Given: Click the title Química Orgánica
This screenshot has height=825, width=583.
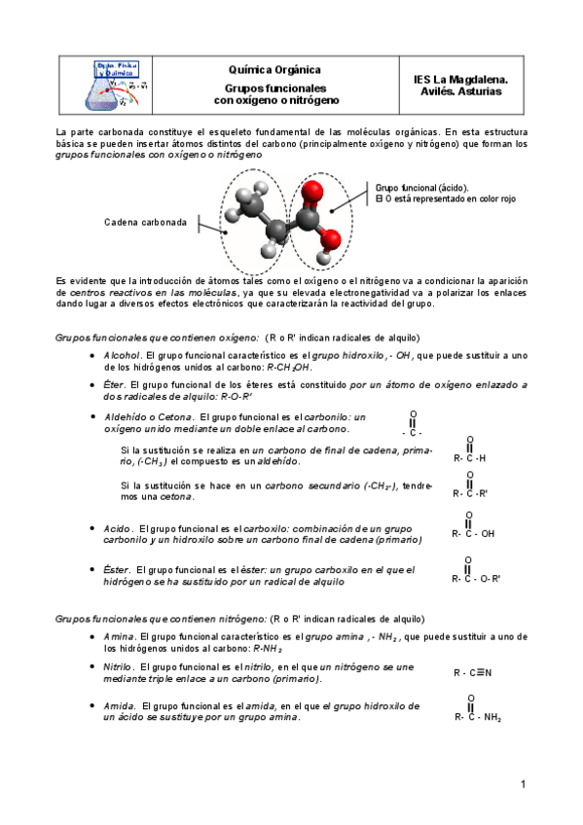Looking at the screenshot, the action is (x=274, y=70).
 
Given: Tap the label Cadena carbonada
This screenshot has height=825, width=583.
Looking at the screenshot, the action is (x=145, y=222).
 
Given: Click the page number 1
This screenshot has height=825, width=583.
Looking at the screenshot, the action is (x=523, y=783).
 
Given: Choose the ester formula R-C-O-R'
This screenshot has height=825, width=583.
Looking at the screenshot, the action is (x=476, y=578).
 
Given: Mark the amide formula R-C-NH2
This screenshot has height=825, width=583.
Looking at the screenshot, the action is (x=477, y=718).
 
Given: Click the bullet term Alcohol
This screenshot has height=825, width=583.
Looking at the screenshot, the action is (x=122, y=356).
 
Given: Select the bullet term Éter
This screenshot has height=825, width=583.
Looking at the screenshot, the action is (x=115, y=385).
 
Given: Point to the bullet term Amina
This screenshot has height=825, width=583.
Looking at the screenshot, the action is (x=119, y=636).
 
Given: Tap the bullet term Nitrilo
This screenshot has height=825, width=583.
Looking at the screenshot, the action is (x=119, y=666).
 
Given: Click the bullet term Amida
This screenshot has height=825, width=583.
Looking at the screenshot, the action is (x=119, y=705).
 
